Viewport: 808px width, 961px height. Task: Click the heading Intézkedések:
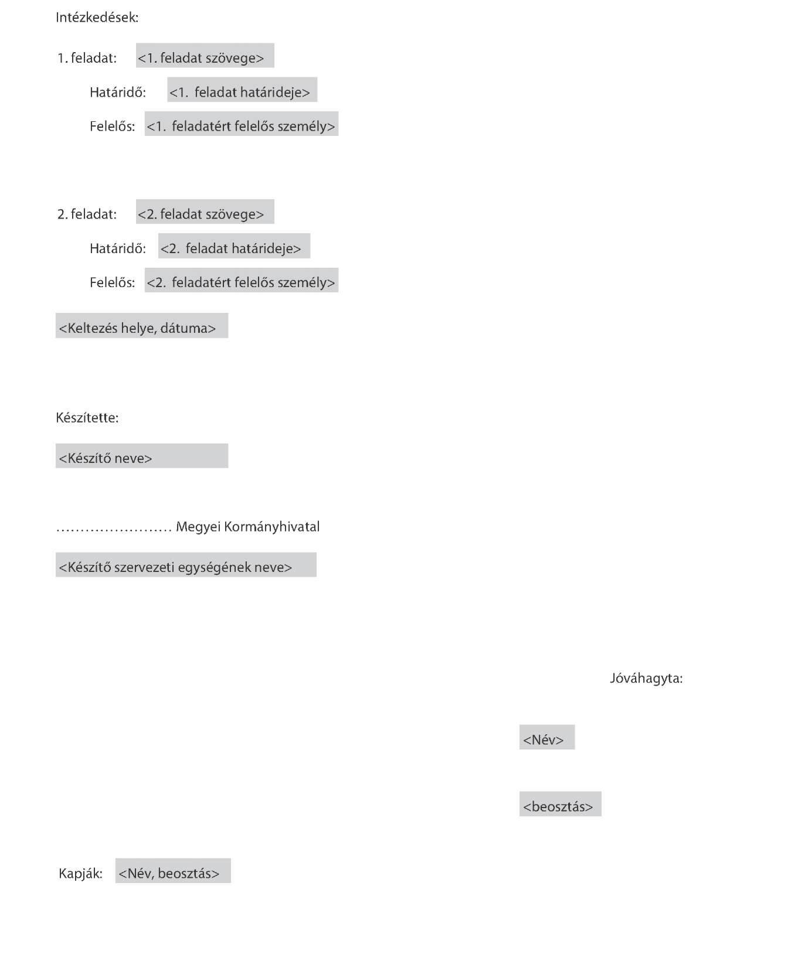pyautogui.click(x=97, y=18)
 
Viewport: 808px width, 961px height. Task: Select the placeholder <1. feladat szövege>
pyautogui.click(x=205, y=56)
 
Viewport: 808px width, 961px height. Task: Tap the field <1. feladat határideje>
pyautogui.click(x=242, y=90)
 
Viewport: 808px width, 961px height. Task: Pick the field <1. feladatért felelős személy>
pyautogui.click(x=241, y=124)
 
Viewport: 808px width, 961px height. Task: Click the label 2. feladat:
pyautogui.click(x=87, y=214)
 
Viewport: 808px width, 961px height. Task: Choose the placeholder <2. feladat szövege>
pyautogui.click(x=205, y=212)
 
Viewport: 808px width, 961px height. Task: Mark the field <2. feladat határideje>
pyautogui.click(x=234, y=247)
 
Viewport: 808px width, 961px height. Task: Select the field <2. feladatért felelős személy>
pyautogui.click(x=241, y=281)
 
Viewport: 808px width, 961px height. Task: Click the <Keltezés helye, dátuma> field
pyautogui.click(x=141, y=326)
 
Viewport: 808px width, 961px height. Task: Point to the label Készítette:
pyautogui.click(x=87, y=418)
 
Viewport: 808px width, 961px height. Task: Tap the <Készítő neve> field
pyautogui.click(x=141, y=456)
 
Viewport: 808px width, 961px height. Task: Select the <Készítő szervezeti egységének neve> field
pyautogui.click(x=185, y=565)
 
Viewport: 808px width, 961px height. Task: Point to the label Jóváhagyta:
pyautogui.click(x=646, y=679)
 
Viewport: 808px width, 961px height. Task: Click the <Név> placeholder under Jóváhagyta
pyautogui.click(x=546, y=738)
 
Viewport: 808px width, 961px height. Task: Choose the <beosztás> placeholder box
pyautogui.click(x=560, y=805)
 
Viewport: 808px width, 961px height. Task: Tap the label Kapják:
pyautogui.click(x=80, y=874)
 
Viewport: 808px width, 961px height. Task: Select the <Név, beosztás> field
pyautogui.click(x=173, y=871)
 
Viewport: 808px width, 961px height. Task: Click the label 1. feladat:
pyautogui.click(x=87, y=58)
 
